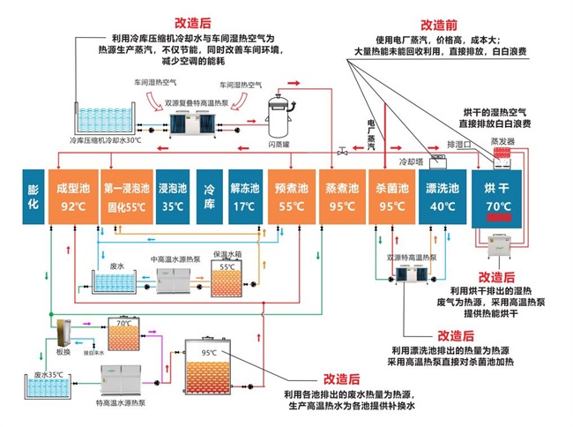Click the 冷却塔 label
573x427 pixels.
pos(413,162)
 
